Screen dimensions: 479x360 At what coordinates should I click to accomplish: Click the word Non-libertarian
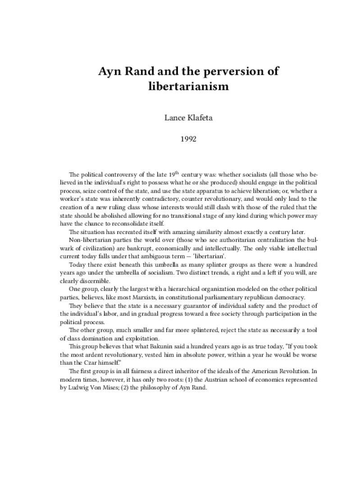point(90,240)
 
